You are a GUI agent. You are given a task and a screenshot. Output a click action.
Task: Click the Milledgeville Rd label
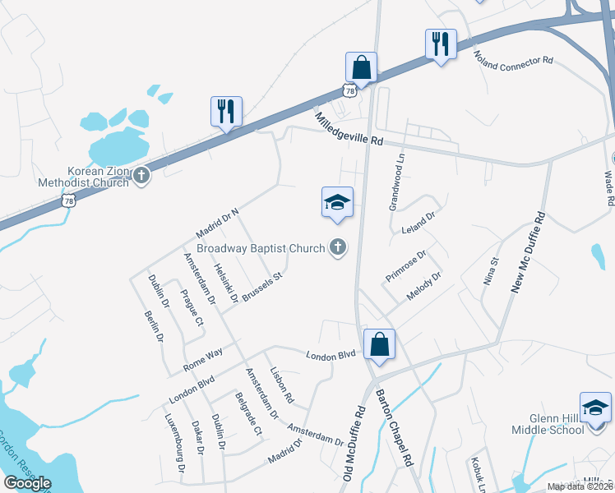[349, 129]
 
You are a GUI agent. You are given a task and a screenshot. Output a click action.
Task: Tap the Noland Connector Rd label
[514, 60]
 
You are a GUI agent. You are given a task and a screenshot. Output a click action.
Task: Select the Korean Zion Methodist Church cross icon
[142, 175]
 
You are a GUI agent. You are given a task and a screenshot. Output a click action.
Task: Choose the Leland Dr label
[418, 223]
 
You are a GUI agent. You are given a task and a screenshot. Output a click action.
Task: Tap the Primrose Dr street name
[405, 267]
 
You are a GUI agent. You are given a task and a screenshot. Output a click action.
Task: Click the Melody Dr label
[424, 286]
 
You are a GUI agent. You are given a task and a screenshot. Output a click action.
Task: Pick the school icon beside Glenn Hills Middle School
[596, 407]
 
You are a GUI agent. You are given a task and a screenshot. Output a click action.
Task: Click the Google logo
[27, 483]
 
